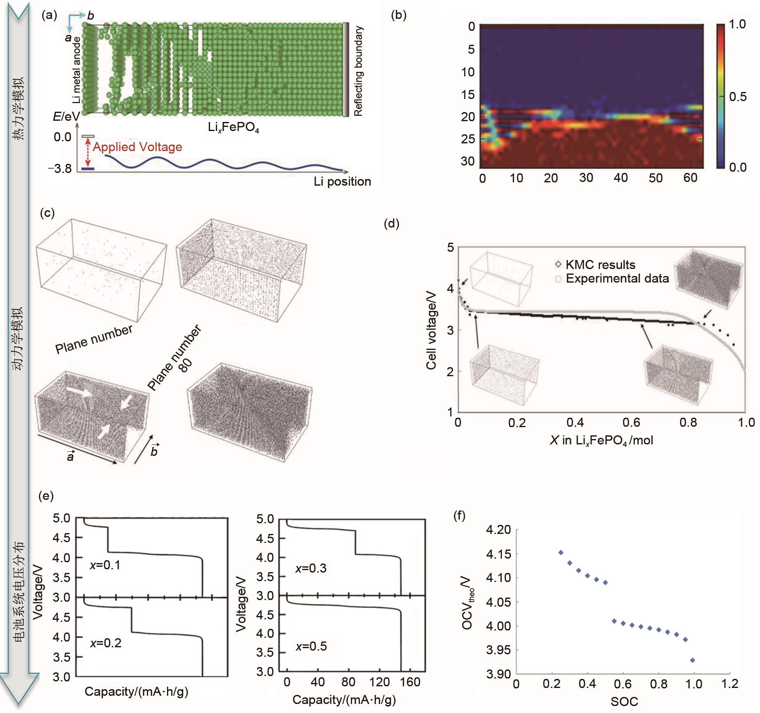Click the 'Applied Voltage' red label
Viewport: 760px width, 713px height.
(x=137, y=147)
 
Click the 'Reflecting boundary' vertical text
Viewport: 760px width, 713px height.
(x=358, y=71)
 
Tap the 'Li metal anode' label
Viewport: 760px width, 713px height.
(x=76, y=70)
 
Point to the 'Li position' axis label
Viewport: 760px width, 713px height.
(x=342, y=182)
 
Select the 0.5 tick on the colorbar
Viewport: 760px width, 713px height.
(x=737, y=97)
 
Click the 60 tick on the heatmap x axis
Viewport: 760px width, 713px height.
(x=690, y=178)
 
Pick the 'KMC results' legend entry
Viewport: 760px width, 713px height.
(x=600, y=264)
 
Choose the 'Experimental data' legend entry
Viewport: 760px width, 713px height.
(x=617, y=278)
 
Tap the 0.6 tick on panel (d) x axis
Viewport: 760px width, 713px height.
(x=631, y=422)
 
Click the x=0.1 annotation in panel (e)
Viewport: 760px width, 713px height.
(x=105, y=565)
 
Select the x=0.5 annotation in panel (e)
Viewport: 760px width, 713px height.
(x=311, y=646)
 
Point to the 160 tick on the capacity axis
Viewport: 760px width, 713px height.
(x=410, y=682)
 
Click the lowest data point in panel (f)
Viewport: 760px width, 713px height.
(x=693, y=660)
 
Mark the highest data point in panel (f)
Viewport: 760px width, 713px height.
(x=561, y=552)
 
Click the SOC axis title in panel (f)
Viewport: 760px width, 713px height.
(x=624, y=701)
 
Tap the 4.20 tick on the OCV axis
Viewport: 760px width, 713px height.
(x=498, y=530)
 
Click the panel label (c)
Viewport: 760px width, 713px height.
(x=48, y=213)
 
